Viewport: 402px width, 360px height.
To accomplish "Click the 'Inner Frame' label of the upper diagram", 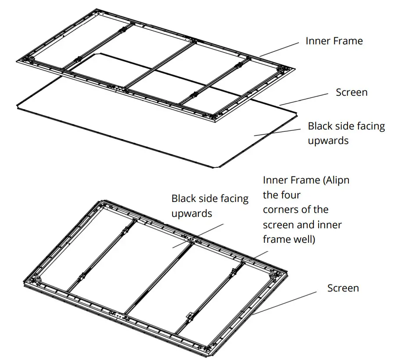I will (334, 41).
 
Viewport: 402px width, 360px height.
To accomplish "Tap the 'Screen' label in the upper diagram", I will (352, 93).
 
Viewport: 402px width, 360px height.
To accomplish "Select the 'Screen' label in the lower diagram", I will (343, 288).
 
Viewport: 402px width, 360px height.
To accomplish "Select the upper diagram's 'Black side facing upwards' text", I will (346, 133).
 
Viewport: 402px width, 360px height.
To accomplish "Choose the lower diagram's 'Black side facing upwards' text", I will (209, 205).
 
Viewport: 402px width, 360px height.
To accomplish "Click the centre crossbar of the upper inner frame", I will (158, 66).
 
